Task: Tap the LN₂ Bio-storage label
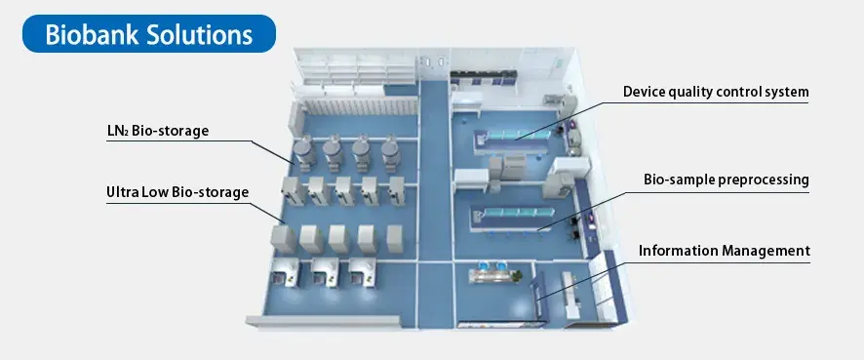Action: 157,131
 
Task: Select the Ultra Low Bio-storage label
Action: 177,192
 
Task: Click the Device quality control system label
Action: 717,93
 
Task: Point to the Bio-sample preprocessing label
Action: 727,180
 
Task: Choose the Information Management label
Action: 724,251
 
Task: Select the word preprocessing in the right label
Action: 763,180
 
